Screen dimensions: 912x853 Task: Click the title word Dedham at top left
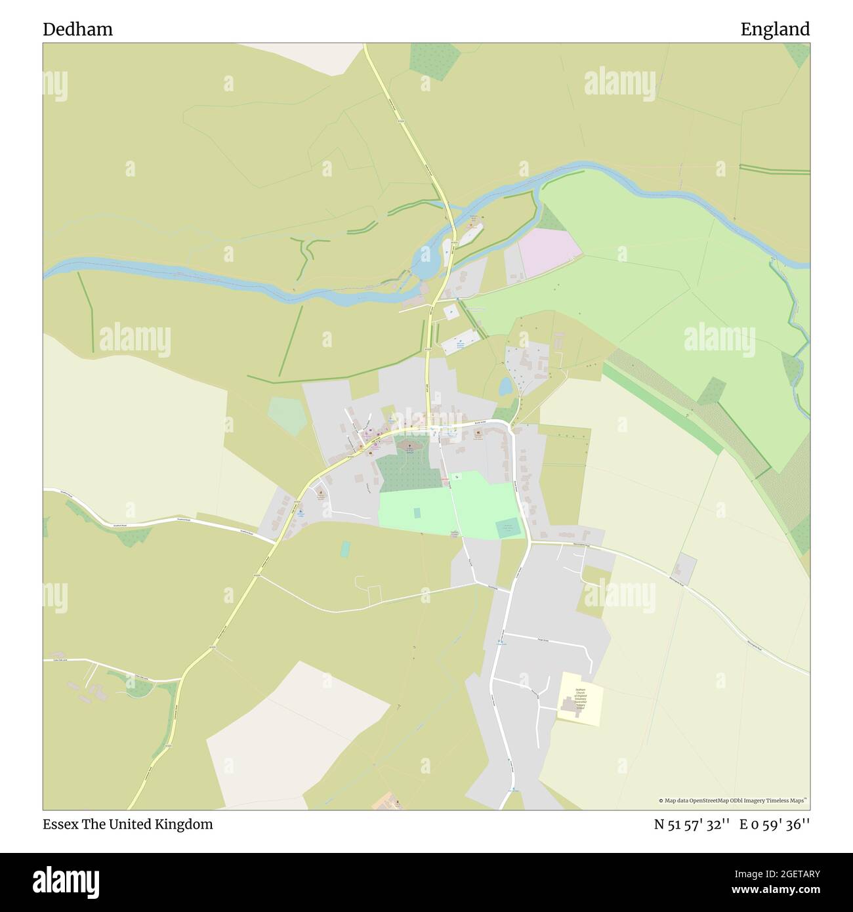(77, 30)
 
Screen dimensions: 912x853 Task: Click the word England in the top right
(775, 30)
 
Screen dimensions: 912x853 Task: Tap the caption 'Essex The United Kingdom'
(128, 824)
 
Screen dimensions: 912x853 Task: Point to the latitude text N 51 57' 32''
(692, 824)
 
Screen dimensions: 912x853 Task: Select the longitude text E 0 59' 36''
(775, 824)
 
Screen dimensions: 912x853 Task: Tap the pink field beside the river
(549, 252)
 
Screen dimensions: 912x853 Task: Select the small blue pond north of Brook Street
(505, 387)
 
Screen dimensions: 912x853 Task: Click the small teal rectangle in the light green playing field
(417, 512)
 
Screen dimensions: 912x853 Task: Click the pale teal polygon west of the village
(287, 415)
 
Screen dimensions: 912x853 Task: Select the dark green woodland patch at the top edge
(434, 58)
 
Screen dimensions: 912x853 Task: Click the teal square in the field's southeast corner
(507, 528)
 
